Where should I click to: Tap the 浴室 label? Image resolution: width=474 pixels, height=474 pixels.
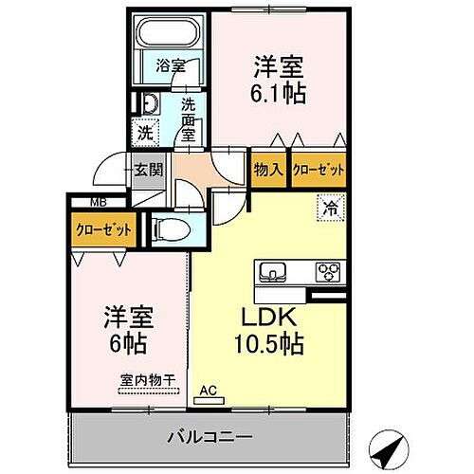click(171, 67)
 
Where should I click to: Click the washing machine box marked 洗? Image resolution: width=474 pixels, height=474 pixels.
click(145, 134)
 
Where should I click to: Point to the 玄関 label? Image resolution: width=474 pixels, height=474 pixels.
click(148, 171)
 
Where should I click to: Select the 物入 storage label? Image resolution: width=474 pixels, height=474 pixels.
click(268, 171)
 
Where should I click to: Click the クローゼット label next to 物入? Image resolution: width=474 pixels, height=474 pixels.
click(318, 171)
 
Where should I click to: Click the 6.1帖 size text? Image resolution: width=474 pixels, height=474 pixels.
click(281, 94)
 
